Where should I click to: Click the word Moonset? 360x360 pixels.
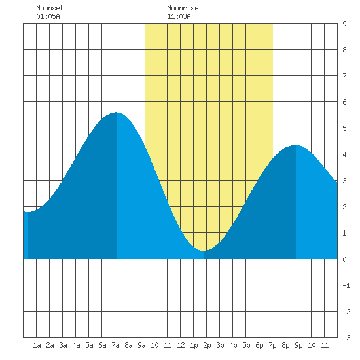click(x=50, y=8)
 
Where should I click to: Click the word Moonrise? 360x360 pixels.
click(x=183, y=8)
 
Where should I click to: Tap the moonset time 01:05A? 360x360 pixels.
click(x=48, y=16)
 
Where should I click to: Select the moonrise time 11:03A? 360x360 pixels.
click(x=179, y=16)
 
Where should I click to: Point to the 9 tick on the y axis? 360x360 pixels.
click(x=344, y=24)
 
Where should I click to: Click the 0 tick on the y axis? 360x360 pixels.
click(x=344, y=259)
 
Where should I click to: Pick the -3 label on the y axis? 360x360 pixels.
click(x=346, y=338)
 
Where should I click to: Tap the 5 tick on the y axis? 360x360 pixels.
click(x=344, y=128)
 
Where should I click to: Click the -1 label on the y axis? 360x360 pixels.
click(x=346, y=285)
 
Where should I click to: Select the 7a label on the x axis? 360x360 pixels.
click(x=115, y=345)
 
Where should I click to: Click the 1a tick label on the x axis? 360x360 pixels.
click(x=37, y=345)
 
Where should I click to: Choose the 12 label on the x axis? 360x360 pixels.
click(x=181, y=345)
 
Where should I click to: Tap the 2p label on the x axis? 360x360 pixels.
click(x=207, y=345)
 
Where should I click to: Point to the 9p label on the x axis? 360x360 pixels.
click(x=298, y=345)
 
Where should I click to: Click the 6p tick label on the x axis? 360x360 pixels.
click(x=259, y=345)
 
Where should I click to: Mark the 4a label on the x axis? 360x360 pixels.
click(x=76, y=345)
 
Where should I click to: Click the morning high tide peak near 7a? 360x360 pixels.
click(x=116, y=113)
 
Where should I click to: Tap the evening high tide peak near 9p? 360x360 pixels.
click(x=296, y=145)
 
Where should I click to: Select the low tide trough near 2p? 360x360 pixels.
click(x=204, y=251)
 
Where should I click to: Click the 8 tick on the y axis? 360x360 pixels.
click(x=344, y=50)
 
